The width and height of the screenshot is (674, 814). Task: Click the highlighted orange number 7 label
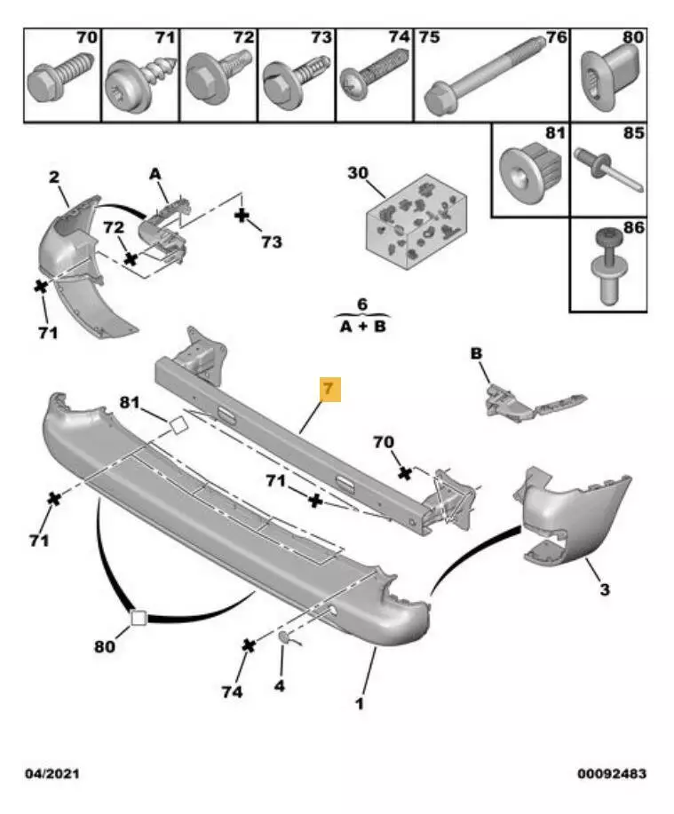[x=329, y=390]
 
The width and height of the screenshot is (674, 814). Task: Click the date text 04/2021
[x=52, y=774]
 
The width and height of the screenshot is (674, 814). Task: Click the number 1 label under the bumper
[x=360, y=705]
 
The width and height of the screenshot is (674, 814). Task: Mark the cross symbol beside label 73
[x=241, y=216]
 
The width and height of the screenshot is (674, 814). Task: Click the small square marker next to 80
[x=139, y=617]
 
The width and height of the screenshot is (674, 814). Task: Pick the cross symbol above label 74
[x=250, y=644]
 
